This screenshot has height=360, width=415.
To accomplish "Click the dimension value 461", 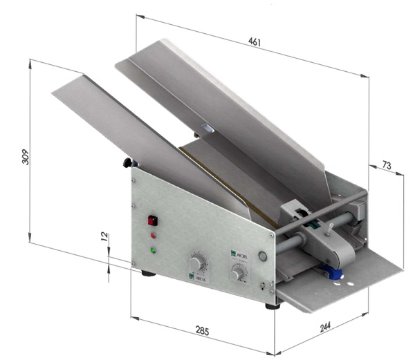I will [x=255, y=43].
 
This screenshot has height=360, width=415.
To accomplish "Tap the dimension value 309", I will [x=25, y=158].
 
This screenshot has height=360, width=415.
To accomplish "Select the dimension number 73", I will [x=386, y=166].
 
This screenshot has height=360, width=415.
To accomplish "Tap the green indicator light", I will [x=154, y=249].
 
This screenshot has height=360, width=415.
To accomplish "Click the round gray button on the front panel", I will [x=262, y=256].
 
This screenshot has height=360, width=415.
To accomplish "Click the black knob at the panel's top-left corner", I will [x=128, y=162].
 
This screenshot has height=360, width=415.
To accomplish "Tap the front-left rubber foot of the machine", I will [x=147, y=274].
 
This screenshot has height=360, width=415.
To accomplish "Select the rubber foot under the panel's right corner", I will [x=273, y=305].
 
